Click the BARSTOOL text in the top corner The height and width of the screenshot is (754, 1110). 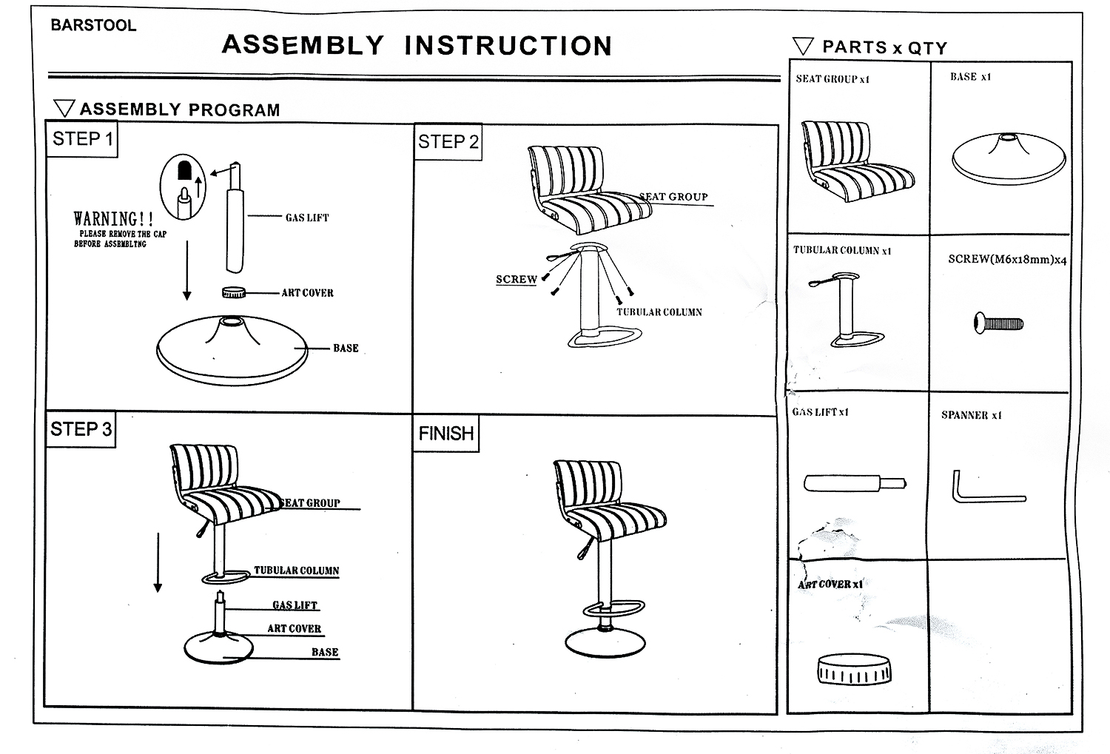click(93, 25)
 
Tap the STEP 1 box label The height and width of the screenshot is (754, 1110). click(82, 139)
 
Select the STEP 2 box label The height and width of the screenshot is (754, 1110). click(448, 141)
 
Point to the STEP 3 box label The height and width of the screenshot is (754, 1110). click(81, 429)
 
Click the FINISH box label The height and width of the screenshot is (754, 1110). click(445, 434)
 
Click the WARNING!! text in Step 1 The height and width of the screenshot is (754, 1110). click(113, 219)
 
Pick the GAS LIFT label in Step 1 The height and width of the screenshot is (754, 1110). click(306, 218)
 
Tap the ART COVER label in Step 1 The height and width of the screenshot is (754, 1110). click(307, 293)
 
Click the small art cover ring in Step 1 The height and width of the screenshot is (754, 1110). click(233, 293)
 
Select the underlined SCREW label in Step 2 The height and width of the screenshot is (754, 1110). click(516, 280)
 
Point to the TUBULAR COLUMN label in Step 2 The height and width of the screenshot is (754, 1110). click(659, 312)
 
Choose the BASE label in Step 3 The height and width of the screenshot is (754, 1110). click(325, 652)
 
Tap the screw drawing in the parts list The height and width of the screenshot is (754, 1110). click(998, 323)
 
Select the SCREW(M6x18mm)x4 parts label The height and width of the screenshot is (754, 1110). click(1007, 260)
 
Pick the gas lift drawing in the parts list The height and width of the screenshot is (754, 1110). click(854, 484)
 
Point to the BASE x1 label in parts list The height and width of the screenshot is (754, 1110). click(970, 77)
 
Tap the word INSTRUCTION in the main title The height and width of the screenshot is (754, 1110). click(508, 46)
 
